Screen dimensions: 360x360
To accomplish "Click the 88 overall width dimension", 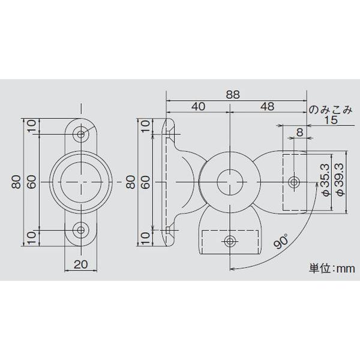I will tap(233, 94).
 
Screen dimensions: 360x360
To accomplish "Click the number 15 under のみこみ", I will tap(329, 121).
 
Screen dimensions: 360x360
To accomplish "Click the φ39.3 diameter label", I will tap(339, 181).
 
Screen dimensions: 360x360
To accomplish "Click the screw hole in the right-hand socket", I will tap(293, 181).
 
